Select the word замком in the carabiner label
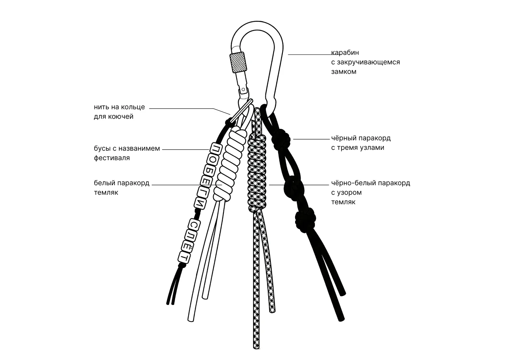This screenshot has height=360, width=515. click(x=344, y=72)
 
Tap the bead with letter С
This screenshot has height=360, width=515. click(x=194, y=225)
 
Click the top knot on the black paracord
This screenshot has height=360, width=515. click(x=283, y=138)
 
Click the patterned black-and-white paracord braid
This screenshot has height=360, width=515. click(x=257, y=172)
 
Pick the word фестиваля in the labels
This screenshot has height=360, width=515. click(x=112, y=158)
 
